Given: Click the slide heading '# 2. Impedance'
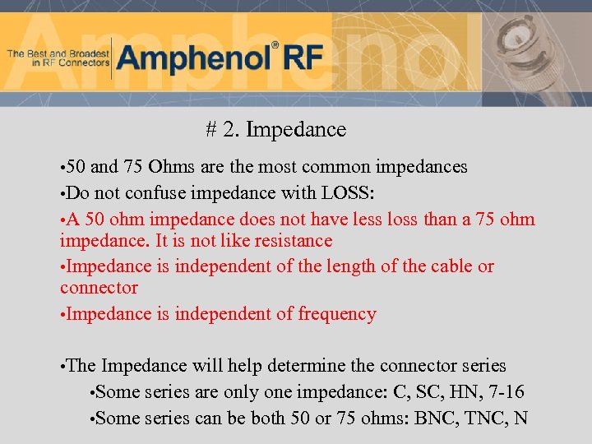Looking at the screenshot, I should [x=276, y=130].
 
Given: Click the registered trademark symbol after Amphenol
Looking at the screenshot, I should [x=275, y=45].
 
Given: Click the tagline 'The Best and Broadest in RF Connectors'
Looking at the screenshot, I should [x=58, y=58].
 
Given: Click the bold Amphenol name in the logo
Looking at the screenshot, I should [x=193, y=59].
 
